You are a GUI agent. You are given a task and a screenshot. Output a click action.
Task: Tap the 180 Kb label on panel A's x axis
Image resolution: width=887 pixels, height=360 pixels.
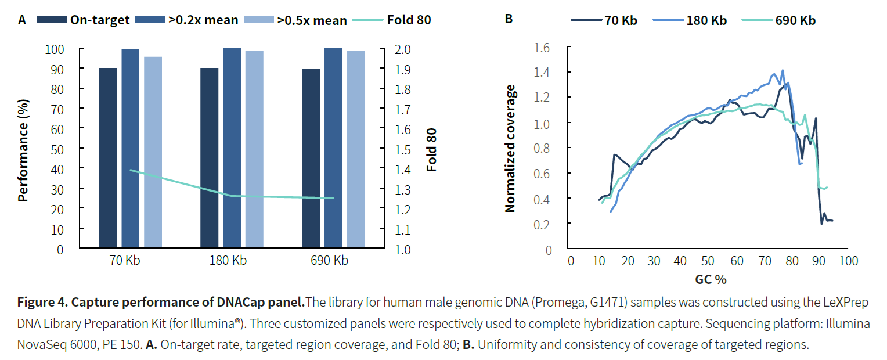click(x=228, y=261)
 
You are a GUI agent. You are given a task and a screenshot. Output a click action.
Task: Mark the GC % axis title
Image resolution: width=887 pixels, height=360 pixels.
click(x=711, y=279)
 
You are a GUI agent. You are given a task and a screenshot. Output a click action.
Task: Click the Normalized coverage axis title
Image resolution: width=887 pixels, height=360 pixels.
click(x=510, y=148)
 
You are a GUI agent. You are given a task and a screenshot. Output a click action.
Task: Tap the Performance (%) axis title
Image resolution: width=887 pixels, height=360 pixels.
click(x=23, y=149)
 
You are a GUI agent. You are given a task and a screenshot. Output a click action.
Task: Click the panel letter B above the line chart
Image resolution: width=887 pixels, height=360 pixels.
click(x=509, y=19)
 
